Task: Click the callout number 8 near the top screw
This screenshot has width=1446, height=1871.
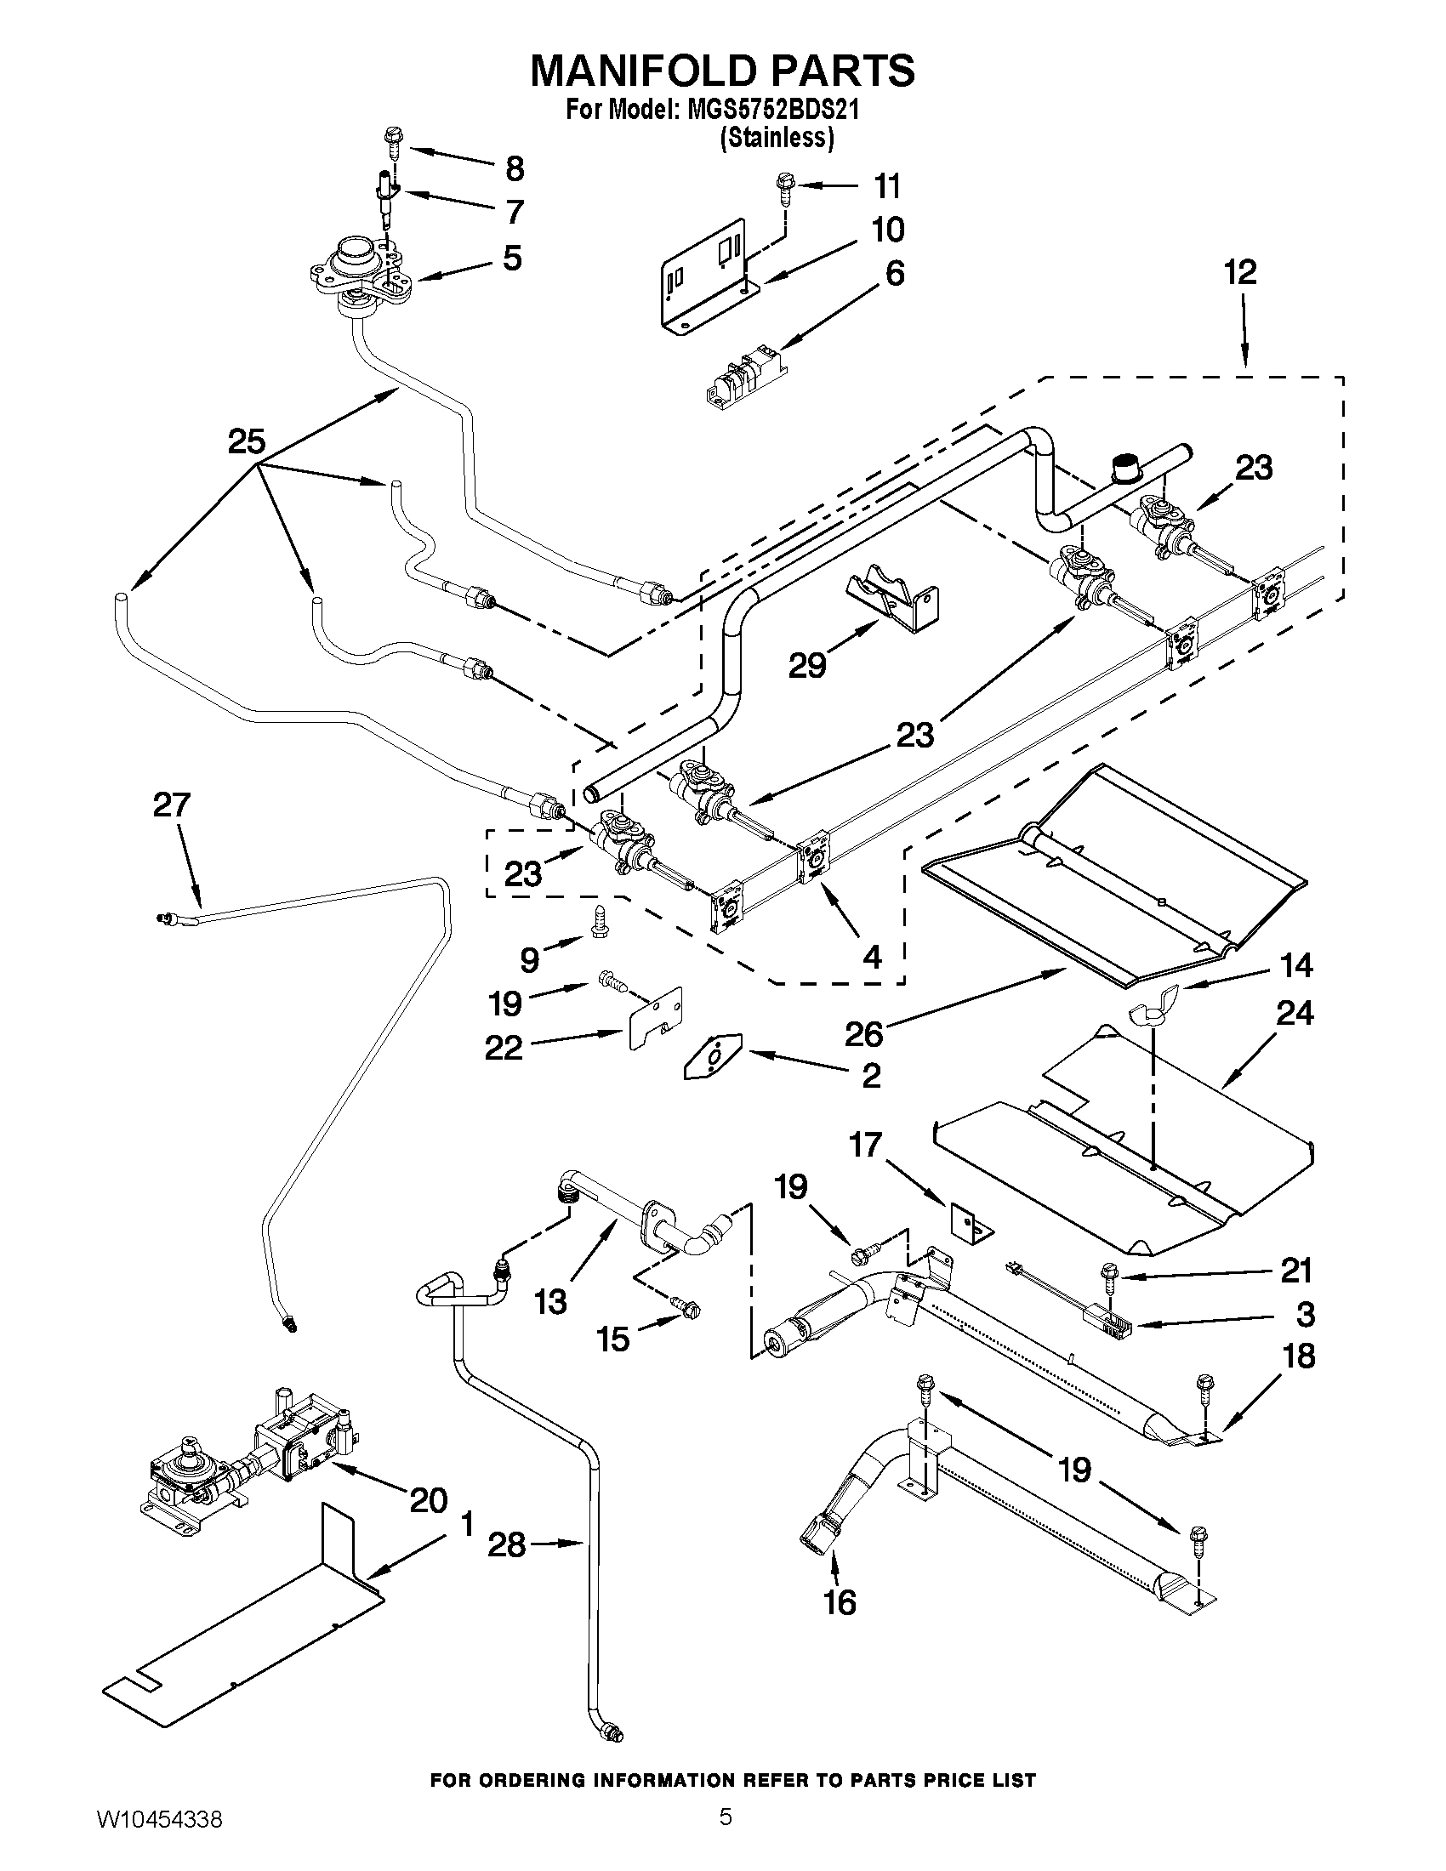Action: coord(514,168)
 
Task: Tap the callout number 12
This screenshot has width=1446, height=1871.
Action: coord(1239,272)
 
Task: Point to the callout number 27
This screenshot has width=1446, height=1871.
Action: coord(171,805)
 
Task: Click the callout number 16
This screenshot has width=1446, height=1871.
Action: coord(840,1602)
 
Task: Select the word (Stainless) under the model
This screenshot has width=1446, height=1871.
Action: coord(776,137)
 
